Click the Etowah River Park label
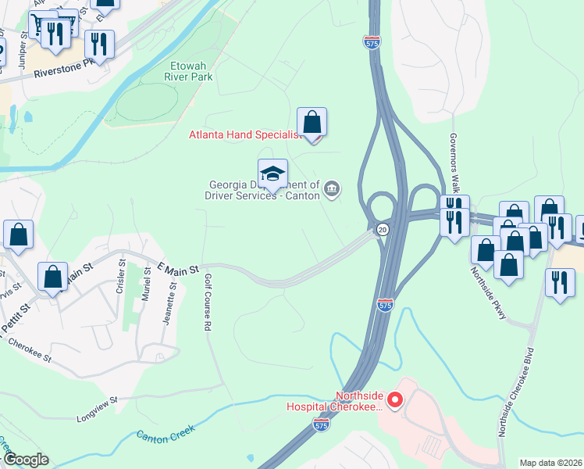189,71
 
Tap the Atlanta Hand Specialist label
244,134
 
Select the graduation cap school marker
272,174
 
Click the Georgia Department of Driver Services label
264,190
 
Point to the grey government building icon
332,188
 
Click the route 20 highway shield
382,229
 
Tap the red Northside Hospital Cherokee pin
395,402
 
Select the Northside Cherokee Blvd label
516,390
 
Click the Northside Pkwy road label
489,293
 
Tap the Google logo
26,460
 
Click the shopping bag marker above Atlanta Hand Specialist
312,123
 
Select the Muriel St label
146,289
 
